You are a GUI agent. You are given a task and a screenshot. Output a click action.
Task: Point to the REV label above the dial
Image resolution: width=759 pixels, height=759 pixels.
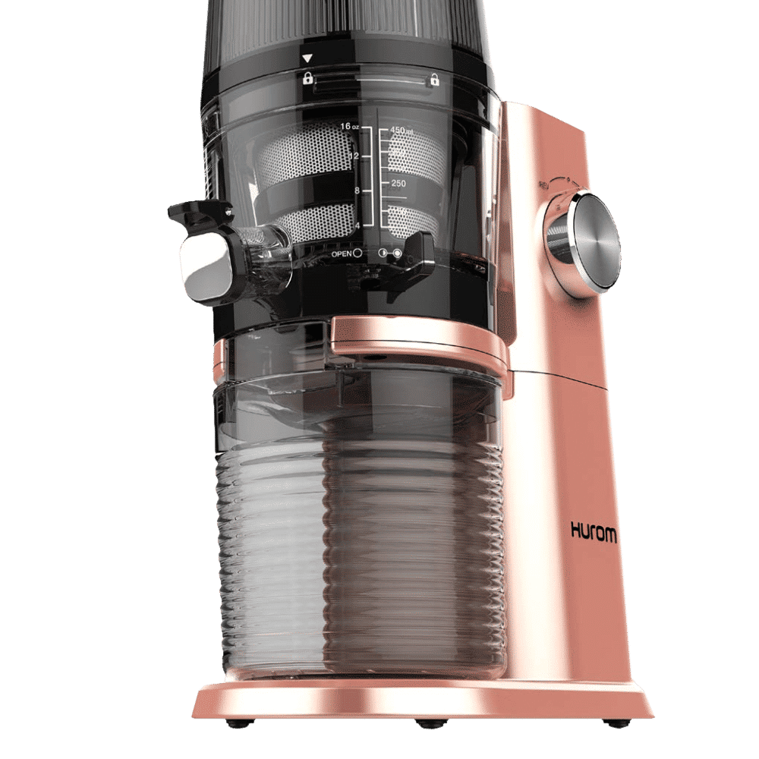[x=543, y=184]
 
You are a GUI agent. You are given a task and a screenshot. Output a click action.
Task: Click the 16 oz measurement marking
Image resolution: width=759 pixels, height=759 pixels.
[x=349, y=126]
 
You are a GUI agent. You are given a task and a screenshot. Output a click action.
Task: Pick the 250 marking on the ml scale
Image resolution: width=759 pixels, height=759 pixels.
[x=398, y=184]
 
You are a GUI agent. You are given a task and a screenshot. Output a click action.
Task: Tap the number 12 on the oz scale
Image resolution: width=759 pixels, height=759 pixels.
[x=353, y=156]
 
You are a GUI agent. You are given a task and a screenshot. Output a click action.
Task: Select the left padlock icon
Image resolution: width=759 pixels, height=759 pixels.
[x=308, y=77]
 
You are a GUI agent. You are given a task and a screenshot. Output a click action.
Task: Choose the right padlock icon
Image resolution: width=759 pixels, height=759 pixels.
[x=434, y=78]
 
